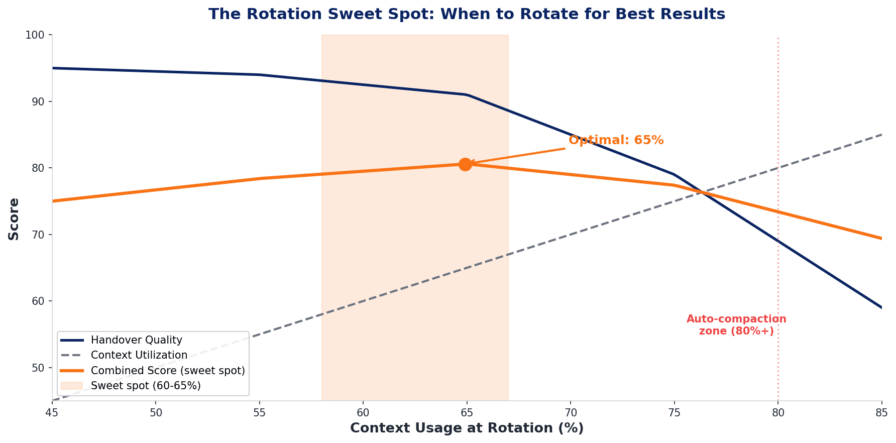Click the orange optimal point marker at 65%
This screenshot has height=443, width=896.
point(465,164)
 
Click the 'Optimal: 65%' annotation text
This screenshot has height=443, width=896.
point(616,140)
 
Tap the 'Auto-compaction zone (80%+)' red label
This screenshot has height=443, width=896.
point(736,325)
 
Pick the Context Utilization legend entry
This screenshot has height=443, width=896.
point(139,355)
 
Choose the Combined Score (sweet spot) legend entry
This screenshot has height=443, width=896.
point(168,371)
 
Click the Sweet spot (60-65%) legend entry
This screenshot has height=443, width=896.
point(146,386)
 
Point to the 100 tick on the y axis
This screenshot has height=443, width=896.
point(38,35)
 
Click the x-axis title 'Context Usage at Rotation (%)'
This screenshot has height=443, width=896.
point(467,428)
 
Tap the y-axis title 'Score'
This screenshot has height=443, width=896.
point(14,218)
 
